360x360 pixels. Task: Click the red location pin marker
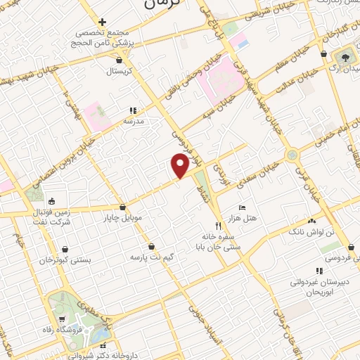coord(180,165)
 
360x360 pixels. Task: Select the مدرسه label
coord(134,121)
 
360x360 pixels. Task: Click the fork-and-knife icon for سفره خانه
coord(218,226)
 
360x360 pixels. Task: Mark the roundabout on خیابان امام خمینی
coord(290,155)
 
